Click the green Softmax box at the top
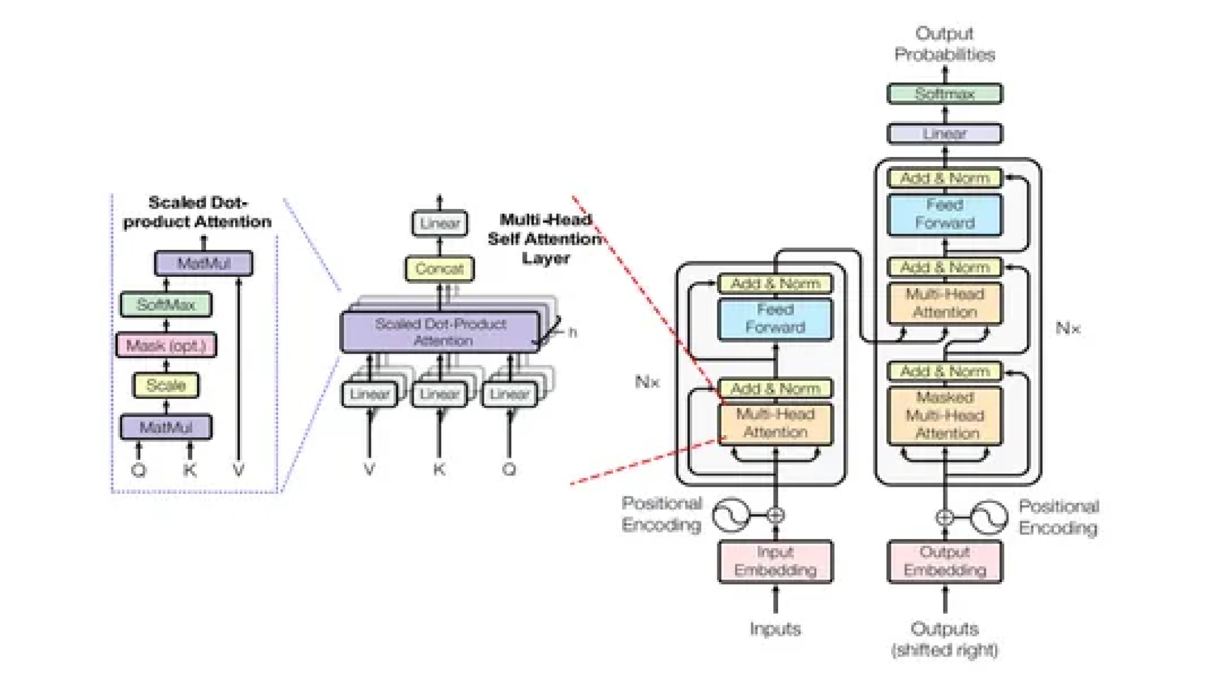(944, 94)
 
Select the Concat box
(439, 269)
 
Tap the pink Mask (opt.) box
(166, 346)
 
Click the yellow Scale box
(166, 386)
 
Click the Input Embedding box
(775, 561)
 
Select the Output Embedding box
(945, 561)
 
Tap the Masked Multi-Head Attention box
(945, 415)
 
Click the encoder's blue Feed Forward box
(775, 319)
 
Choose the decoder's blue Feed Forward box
(945, 214)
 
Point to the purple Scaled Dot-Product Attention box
(440, 332)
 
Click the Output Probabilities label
(945, 44)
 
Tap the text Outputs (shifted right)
(945, 639)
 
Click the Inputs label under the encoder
(775, 629)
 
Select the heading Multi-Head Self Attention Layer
(545, 239)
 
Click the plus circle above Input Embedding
(775, 515)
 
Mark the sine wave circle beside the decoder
(989, 517)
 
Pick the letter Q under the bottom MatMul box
(139, 471)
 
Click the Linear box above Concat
(439, 224)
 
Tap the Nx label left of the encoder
(647, 381)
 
